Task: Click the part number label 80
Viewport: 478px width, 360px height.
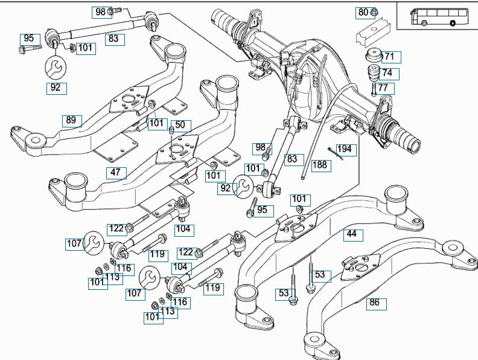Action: pyautogui.click(x=363, y=12)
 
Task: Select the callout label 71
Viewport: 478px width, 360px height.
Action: pyautogui.click(x=389, y=57)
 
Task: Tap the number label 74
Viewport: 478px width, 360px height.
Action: pyautogui.click(x=387, y=73)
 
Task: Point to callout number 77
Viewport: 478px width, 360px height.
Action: pyautogui.click(x=386, y=89)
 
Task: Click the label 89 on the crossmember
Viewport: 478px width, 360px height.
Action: pyautogui.click(x=71, y=120)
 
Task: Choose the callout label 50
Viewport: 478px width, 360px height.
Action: pyautogui.click(x=180, y=126)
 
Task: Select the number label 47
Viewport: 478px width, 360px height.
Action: pyautogui.click(x=115, y=172)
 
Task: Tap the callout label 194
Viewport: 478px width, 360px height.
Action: pyautogui.click(x=345, y=149)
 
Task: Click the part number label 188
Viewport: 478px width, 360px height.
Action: pyautogui.click(x=320, y=164)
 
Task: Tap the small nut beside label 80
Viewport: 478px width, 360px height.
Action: pyautogui.click(x=374, y=11)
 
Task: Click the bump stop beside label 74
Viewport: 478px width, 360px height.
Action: pyautogui.click(x=372, y=74)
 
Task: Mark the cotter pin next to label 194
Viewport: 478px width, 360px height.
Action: pyautogui.click(x=336, y=154)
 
